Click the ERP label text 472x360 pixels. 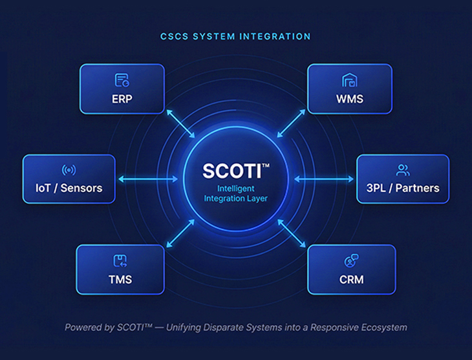coord(122,99)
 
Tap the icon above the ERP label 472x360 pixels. coord(122,80)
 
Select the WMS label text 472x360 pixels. coord(350,99)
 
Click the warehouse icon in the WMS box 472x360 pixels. coord(350,80)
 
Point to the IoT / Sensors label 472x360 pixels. coord(69,189)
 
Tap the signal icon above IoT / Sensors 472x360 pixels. coord(69,171)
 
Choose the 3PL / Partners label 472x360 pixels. coord(403,189)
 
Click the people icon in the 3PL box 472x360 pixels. coord(403,171)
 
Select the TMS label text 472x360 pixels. coord(120,279)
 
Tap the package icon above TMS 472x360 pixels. coord(120,260)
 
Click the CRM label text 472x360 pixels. coord(351,279)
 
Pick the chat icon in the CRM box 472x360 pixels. coord(351,261)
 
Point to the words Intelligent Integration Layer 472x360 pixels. coord(235,193)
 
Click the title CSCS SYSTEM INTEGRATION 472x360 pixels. coord(235,37)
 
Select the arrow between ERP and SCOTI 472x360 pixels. coord(180,123)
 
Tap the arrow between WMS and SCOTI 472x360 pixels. coord(291,123)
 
